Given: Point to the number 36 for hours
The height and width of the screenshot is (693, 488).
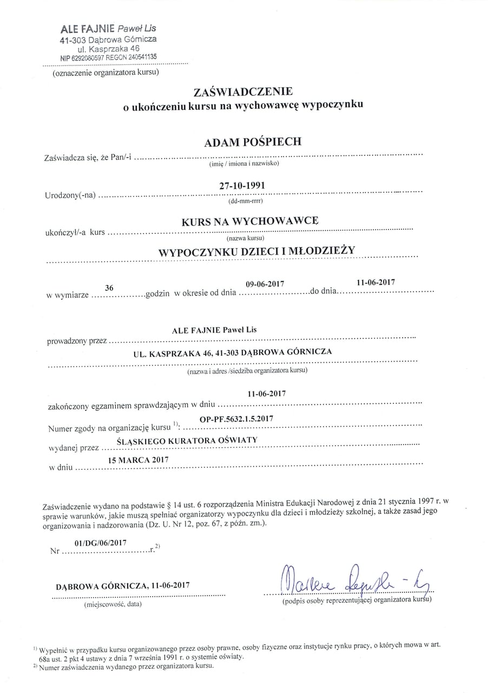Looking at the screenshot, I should click(x=109, y=289).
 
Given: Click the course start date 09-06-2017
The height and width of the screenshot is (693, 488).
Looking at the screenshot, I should click(x=265, y=284).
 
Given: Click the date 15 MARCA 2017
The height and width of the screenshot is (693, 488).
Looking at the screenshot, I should click(x=139, y=460).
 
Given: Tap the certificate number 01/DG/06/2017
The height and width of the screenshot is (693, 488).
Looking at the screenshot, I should click(x=100, y=542).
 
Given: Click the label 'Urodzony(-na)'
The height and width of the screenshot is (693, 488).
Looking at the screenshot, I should click(x=70, y=195).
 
